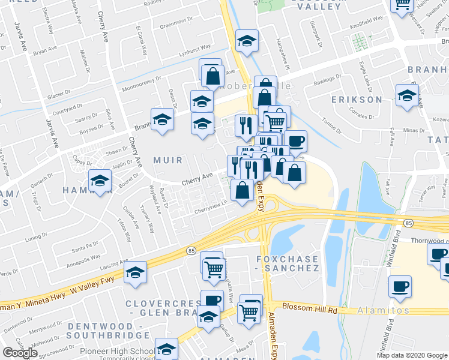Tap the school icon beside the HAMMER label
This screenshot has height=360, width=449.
click(x=100, y=179)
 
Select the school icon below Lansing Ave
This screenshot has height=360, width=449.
click(x=136, y=272)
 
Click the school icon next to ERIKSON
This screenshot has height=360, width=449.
click(x=408, y=95)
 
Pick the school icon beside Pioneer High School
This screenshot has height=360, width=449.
click(x=166, y=347)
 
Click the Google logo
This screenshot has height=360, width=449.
click(x=20, y=353)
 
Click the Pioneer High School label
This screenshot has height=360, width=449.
click(x=124, y=350)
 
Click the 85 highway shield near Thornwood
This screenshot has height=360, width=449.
click(x=409, y=223)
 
